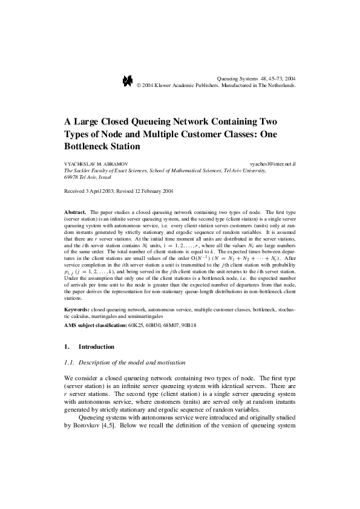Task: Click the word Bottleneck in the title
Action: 88,146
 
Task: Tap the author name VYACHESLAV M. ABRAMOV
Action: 96,164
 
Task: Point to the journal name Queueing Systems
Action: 237,79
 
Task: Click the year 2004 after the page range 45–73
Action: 290,79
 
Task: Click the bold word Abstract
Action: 75,213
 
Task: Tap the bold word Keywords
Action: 77,310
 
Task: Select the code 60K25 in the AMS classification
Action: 136,325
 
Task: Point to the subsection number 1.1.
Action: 70,362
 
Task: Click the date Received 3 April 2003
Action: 92,191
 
